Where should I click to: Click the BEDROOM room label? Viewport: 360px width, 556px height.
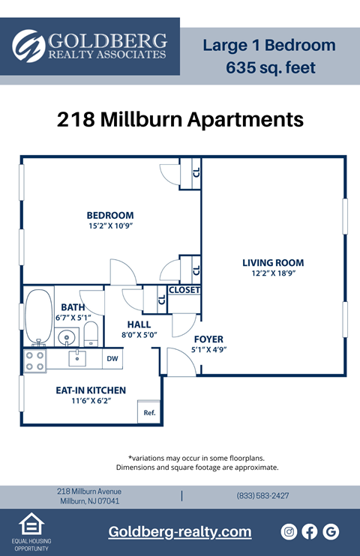tap(109, 216)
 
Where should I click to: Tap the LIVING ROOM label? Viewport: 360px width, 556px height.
tap(273, 263)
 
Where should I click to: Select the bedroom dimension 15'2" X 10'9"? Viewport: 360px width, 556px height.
tap(109, 226)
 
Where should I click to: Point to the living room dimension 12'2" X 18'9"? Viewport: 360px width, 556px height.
tap(273, 274)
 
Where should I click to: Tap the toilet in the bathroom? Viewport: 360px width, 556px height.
tap(91, 333)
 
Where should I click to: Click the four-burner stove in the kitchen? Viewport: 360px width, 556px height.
tap(34, 361)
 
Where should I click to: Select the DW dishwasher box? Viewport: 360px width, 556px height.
tap(112, 359)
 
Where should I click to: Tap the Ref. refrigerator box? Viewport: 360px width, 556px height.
tap(148, 411)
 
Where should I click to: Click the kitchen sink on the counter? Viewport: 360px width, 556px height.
tap(77, 358)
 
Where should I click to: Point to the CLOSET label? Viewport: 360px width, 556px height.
tap(184, 290)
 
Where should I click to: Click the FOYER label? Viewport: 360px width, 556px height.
tap(208, 339)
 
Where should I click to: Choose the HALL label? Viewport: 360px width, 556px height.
tap(139, 324)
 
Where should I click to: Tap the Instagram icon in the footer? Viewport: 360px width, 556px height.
tap(289, 531)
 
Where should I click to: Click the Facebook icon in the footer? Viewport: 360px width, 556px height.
tap(310, 531)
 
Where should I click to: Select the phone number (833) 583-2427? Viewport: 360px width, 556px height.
tap(262, 496)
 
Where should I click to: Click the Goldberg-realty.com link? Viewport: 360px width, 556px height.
tap(180, 532)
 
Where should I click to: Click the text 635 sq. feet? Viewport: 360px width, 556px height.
tap(270, 68)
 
